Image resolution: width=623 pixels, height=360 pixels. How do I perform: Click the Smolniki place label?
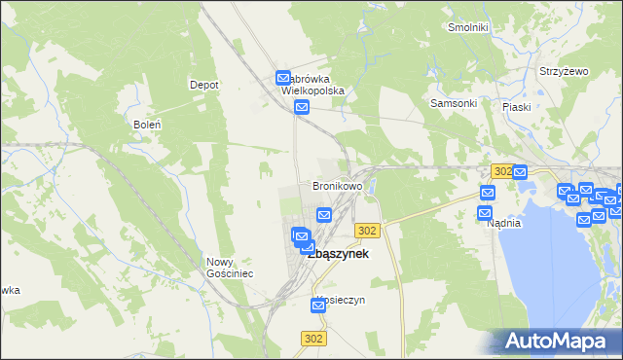tap(467, 27)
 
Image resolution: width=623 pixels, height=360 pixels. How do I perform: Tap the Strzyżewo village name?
tap(566, 72)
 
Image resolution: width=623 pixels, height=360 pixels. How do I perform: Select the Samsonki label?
tap(454, 103)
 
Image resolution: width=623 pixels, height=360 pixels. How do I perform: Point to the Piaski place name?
tap(516, 107)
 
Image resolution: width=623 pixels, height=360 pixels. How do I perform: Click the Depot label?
tap(203, 85)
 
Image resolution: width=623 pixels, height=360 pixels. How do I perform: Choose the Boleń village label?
tap(146, 125)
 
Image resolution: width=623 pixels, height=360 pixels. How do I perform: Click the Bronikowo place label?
tap(337, 185)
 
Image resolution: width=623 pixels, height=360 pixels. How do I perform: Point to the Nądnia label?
tap(504, 223)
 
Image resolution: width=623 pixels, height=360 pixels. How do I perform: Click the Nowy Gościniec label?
tap(230, 268)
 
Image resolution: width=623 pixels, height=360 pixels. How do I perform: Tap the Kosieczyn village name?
tap(342, 300)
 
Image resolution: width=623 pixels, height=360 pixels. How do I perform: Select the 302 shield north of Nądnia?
tap(501, 170)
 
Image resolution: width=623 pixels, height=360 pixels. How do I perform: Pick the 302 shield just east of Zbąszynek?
tap(366, 230)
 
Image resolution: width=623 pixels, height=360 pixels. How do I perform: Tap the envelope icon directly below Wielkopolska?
tap(302, 107)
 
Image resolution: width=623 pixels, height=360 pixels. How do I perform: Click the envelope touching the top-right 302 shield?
tap(520, 172)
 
